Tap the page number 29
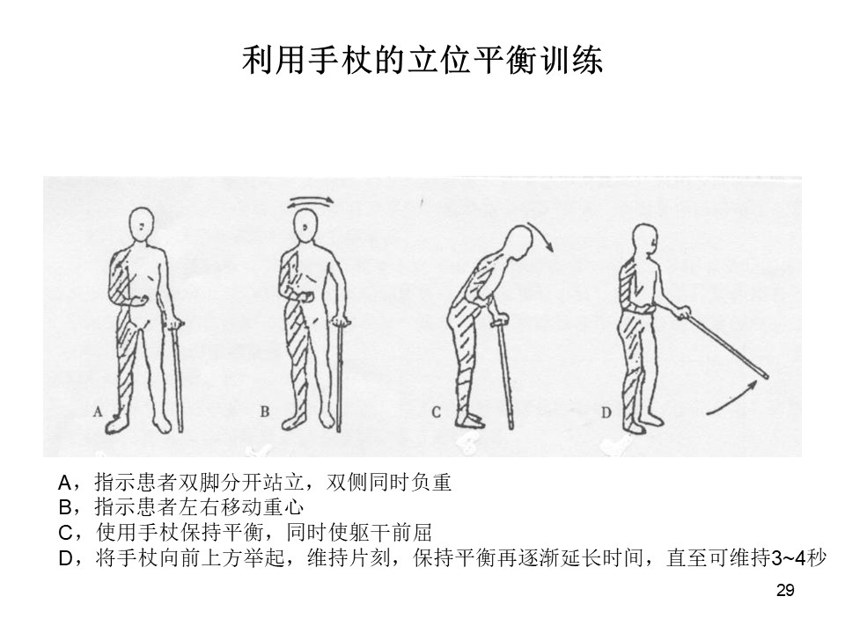tap(785, 591)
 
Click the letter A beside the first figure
tap(98, 412)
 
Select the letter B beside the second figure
tap(265, 412)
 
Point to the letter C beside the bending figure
tap(436, 413)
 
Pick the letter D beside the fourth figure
tap(606, 413)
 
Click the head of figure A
tap(142, 227)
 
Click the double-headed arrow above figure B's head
tap(310, 201)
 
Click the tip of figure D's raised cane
tap(766, 376)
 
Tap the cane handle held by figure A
tap(174, 324)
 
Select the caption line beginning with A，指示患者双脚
tap(255, 483)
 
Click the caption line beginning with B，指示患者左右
tap(181, 507)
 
